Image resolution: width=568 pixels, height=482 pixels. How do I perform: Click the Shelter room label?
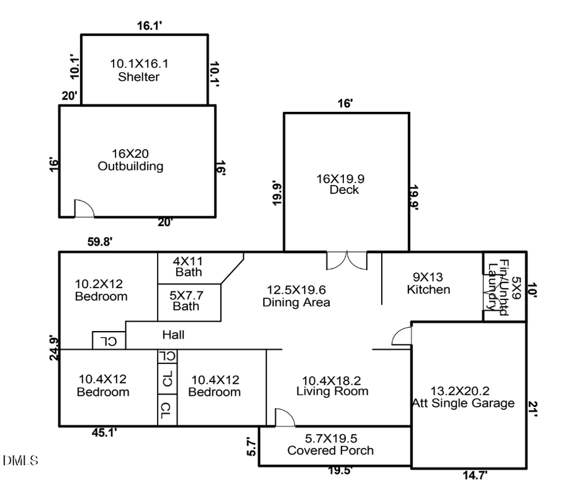pos(138,70)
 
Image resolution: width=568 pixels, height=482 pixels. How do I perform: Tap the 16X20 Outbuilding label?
pos(131,160)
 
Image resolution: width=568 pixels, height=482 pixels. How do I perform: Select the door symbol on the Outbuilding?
pos(84,209)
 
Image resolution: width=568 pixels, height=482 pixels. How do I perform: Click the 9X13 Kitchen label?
pos(429,283)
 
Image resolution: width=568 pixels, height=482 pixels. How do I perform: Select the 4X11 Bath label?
pos(189,267)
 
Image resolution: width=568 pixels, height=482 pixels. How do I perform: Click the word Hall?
pos(173,335)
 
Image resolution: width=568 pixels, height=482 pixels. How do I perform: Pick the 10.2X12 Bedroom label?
pos(101,290)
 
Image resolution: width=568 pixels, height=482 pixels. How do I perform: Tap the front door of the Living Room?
pos(284,417)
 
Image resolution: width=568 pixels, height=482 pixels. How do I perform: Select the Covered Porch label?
pos(330,444)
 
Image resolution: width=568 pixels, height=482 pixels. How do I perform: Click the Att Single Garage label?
pos(463,397)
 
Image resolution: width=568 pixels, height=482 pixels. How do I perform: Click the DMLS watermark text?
pos(20,460)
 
